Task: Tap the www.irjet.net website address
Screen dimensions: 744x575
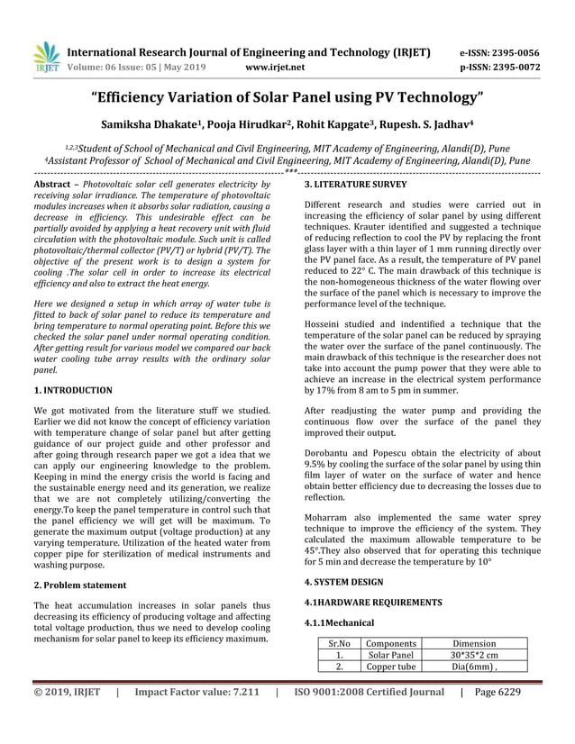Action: (275, 67)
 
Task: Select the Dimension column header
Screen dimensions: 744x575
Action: (474, 644)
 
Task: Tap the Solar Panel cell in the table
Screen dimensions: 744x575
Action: (390, 656)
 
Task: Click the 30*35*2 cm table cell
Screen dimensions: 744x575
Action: (474, 656)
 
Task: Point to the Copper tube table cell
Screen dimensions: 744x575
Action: (390, 667)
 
